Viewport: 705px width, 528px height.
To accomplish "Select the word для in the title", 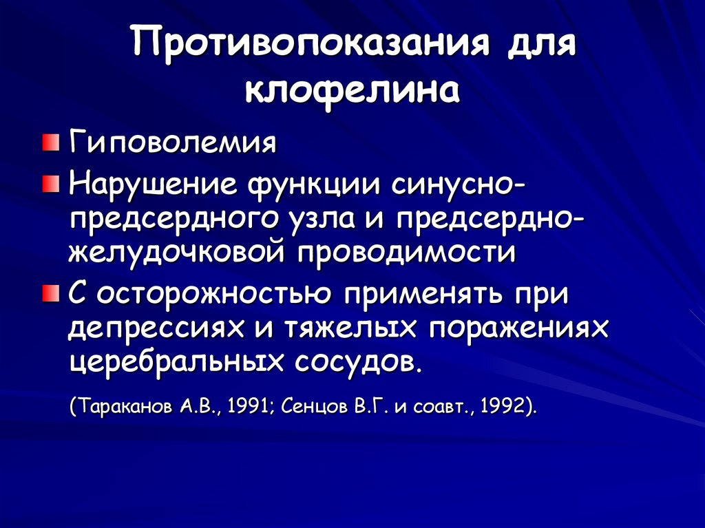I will point(541,45).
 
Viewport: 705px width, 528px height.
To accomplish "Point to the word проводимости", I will point(407,252).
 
